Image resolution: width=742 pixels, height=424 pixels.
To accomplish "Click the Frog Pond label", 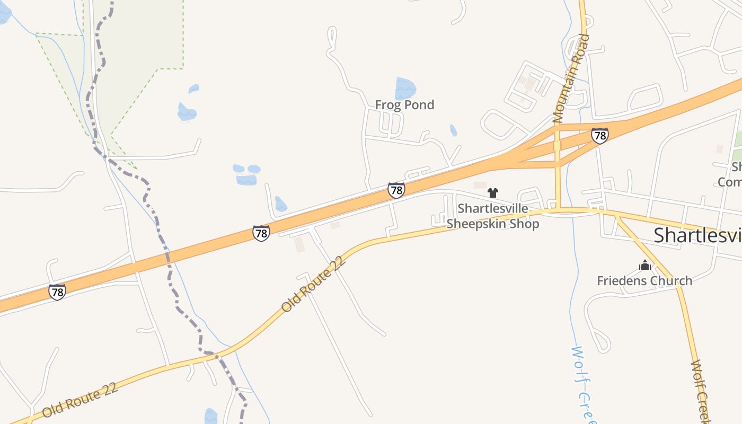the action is [404, 105].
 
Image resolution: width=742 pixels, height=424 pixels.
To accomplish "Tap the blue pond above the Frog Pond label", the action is [405, 87].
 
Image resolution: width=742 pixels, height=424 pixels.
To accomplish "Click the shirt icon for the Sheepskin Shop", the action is [493, 193].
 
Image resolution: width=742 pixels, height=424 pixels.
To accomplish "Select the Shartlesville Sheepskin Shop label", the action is [493, 216].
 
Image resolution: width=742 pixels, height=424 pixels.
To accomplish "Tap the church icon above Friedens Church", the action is [644, 265].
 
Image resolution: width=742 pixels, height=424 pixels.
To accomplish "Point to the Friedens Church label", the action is [644, 281].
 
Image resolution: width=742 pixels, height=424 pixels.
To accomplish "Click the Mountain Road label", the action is [570, 78].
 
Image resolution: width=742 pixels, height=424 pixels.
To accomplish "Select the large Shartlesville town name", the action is [697, 235].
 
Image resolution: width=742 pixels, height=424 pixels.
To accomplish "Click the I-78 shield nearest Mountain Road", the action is [599, 136].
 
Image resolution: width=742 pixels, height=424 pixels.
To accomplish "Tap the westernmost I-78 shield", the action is [57, 291].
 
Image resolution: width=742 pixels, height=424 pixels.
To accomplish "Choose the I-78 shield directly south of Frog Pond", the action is [396, 190].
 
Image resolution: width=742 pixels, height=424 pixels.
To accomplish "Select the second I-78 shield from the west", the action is [261, 233].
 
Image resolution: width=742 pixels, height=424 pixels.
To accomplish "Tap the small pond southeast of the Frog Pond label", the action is [453, 130].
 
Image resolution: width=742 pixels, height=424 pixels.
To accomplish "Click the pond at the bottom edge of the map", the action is [211, 417].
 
